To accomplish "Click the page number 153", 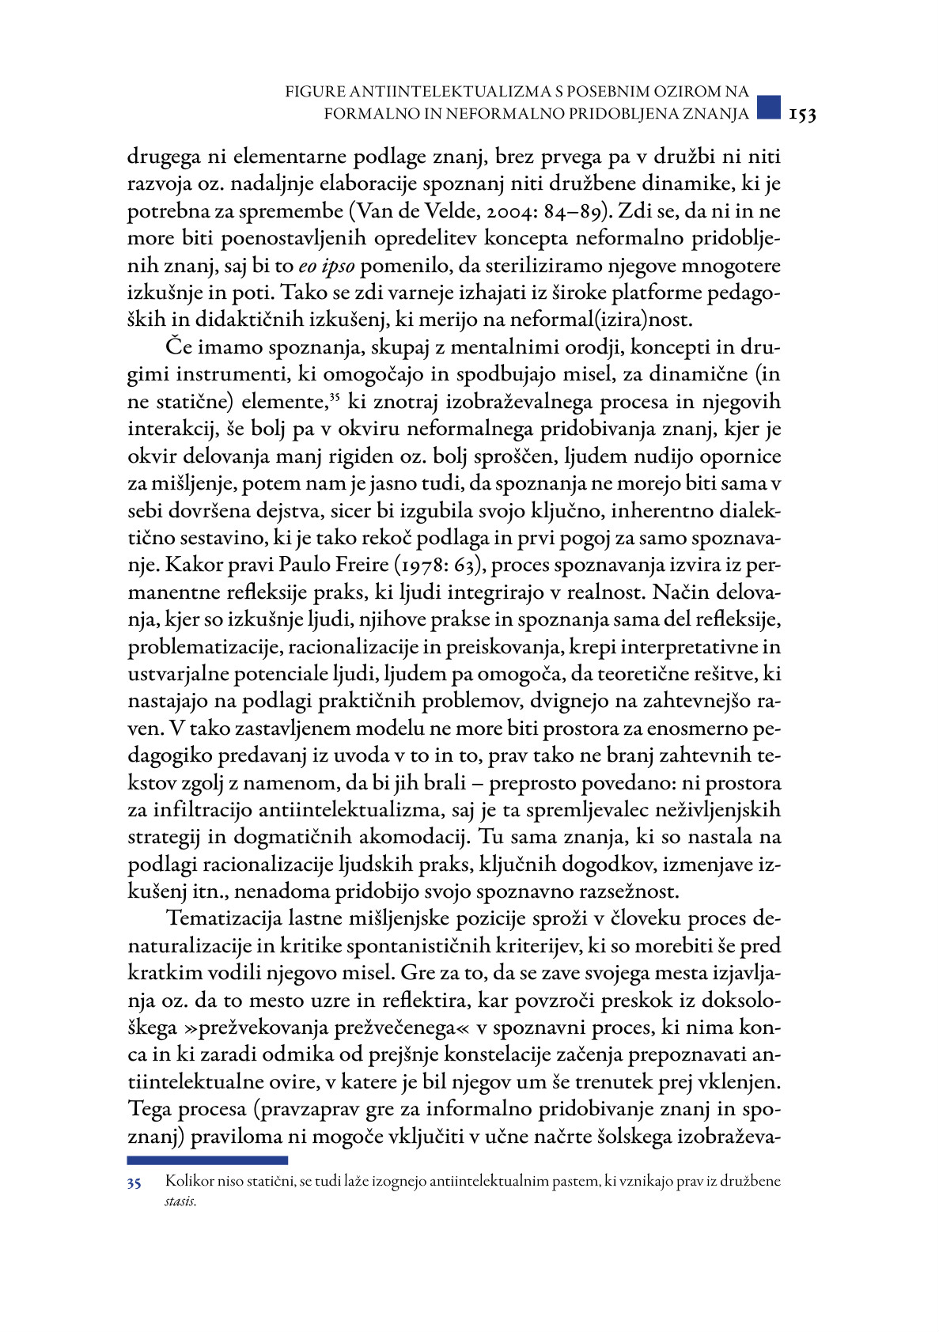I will pos(802,115).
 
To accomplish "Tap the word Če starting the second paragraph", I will pos(179,347).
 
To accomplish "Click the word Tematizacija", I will pos(220,919).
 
